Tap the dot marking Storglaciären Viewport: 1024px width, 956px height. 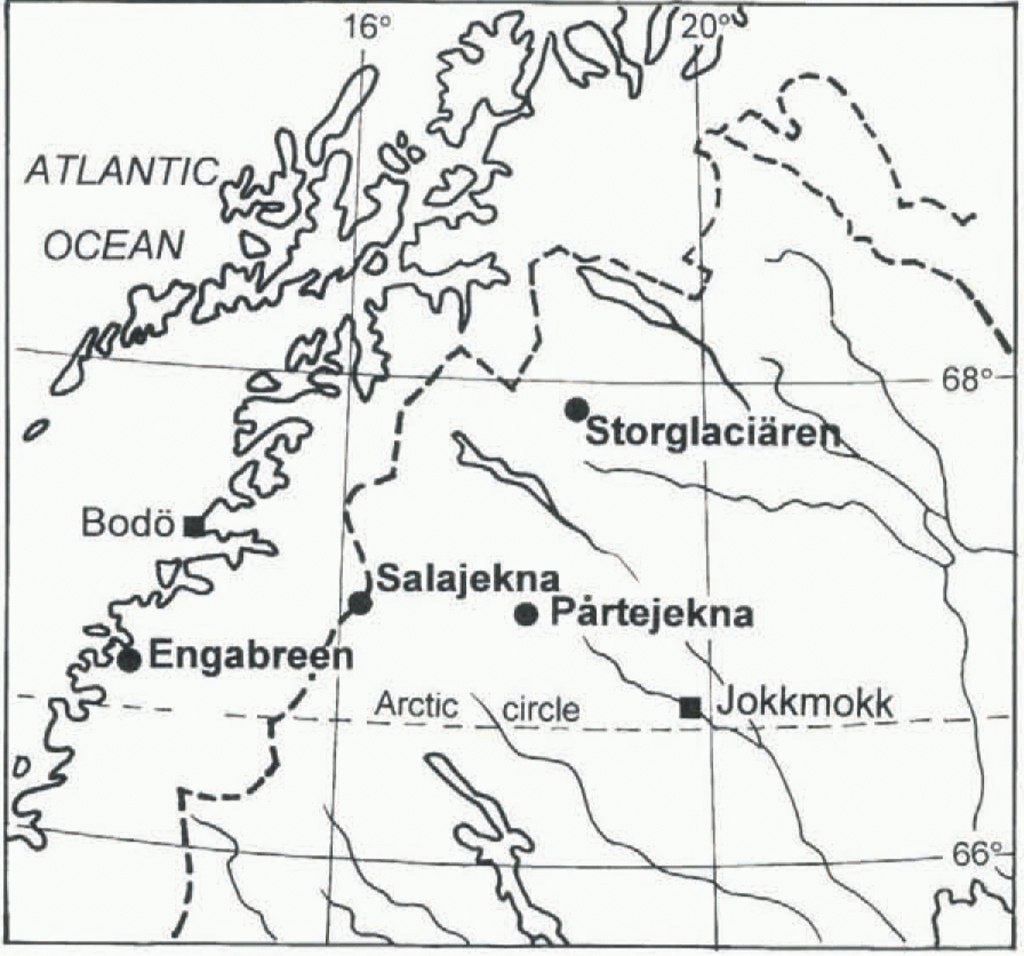[577, 410]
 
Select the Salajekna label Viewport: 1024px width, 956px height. [468, 579]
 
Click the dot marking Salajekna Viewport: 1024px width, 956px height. [360, 603]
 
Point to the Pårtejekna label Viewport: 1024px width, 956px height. [651, 613]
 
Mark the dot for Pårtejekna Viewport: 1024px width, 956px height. [527, 615]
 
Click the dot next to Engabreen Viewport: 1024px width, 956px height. [129, 660]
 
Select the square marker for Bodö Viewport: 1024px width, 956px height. [194, 526]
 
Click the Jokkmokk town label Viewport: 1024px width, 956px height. [805, 704]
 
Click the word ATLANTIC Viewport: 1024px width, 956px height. [121, 173]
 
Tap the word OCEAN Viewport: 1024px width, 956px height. [113, 246]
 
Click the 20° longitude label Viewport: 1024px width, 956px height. [702, 28]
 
